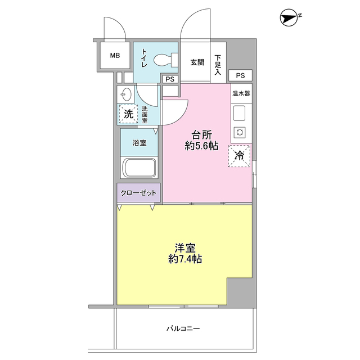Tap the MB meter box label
point(115,56)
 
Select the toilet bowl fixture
point(164,58)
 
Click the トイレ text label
point(144,57)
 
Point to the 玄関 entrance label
point(197,62)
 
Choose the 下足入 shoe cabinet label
point(218,62)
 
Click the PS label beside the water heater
point(240,75)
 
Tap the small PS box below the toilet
point(169,79)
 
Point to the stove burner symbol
point(240,133)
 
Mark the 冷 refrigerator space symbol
point(239,156)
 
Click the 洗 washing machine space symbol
point(128,114)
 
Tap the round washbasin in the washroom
point(126,93)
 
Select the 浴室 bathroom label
point(139,143)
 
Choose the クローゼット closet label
point(139,193)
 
